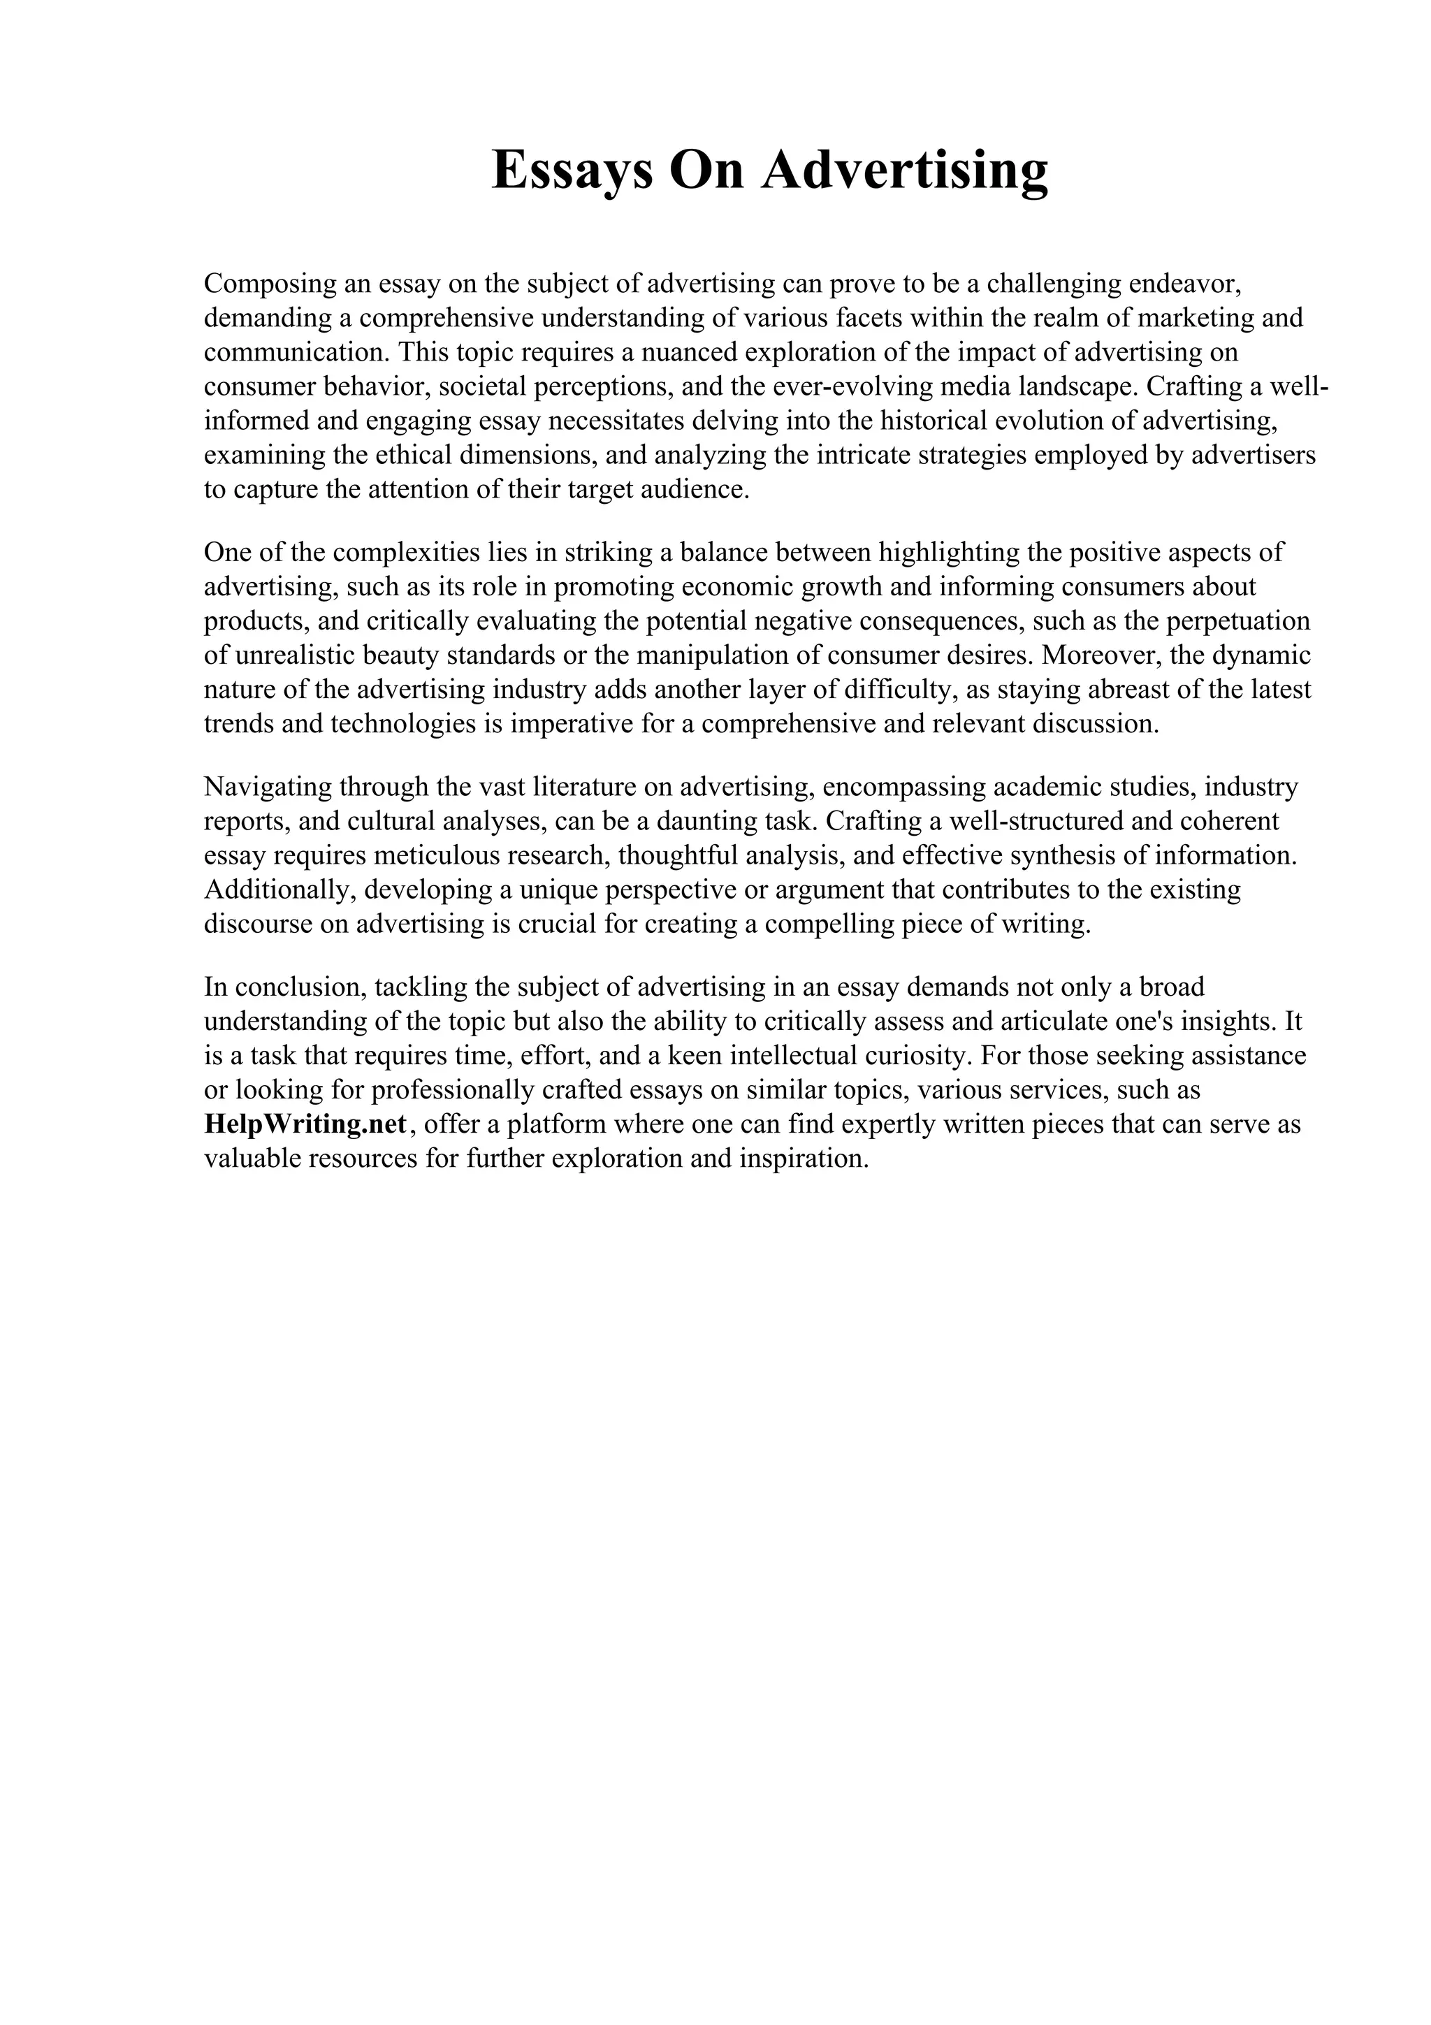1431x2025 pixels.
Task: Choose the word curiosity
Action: point(911,1057)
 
